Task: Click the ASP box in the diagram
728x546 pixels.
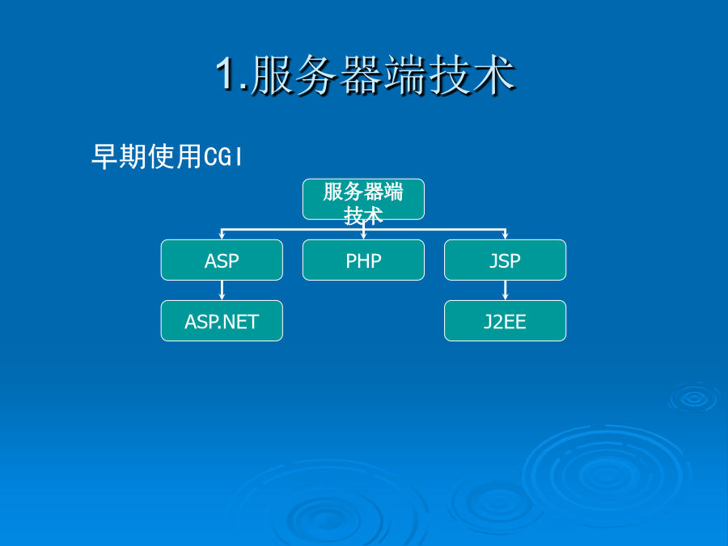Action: click(222, 260)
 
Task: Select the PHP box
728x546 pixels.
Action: click(363, 260)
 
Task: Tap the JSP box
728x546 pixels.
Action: click(505, 260)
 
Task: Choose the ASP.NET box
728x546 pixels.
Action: click(222, 321)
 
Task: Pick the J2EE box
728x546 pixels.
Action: click(505, 321)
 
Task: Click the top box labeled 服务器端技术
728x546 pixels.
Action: click(363, 199)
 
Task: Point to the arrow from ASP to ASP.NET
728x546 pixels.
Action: click(222, 290)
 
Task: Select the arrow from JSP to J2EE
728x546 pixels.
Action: click(505, 290)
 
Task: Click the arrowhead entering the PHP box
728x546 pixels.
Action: click(363, 236)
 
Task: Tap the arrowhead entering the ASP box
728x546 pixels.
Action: click(222, 236)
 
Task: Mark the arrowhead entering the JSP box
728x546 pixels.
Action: click(505, 236)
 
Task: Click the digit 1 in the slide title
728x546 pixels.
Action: click(227, 73)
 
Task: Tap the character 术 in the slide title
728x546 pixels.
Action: click(493, 74)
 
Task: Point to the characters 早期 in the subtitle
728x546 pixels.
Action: click(120, 156)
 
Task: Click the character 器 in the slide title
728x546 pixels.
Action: click(360, 74)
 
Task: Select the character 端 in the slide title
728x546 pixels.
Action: click(404, 74)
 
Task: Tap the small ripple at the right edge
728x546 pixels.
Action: click(694, 398)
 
